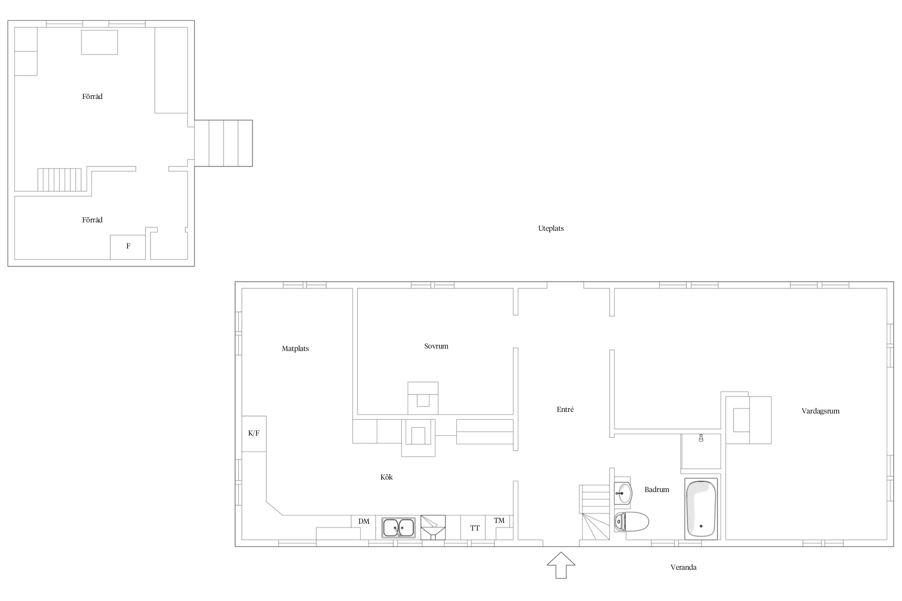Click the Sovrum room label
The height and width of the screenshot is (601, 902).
436,346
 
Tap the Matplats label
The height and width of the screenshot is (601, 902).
295,349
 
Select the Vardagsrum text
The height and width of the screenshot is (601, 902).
821,411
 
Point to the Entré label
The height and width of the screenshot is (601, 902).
565,409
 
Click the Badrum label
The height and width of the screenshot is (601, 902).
657,489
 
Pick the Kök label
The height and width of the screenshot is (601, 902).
386,477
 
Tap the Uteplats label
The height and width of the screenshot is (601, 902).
551,228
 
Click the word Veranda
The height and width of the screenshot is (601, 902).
684,567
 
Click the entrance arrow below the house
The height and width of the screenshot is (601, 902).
561,565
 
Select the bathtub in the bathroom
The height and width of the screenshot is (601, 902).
701,508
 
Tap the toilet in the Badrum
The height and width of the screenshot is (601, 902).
631,522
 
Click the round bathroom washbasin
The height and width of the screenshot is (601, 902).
623,493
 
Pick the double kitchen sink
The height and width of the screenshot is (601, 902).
398,528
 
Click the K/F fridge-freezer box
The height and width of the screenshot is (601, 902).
254,434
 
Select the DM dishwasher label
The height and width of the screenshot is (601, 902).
364,521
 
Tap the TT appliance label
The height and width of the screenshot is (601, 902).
475,528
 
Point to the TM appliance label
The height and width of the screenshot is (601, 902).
499,520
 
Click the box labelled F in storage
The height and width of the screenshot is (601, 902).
128,247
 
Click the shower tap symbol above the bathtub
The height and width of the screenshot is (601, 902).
701,438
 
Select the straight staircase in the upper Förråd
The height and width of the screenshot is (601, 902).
59,180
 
